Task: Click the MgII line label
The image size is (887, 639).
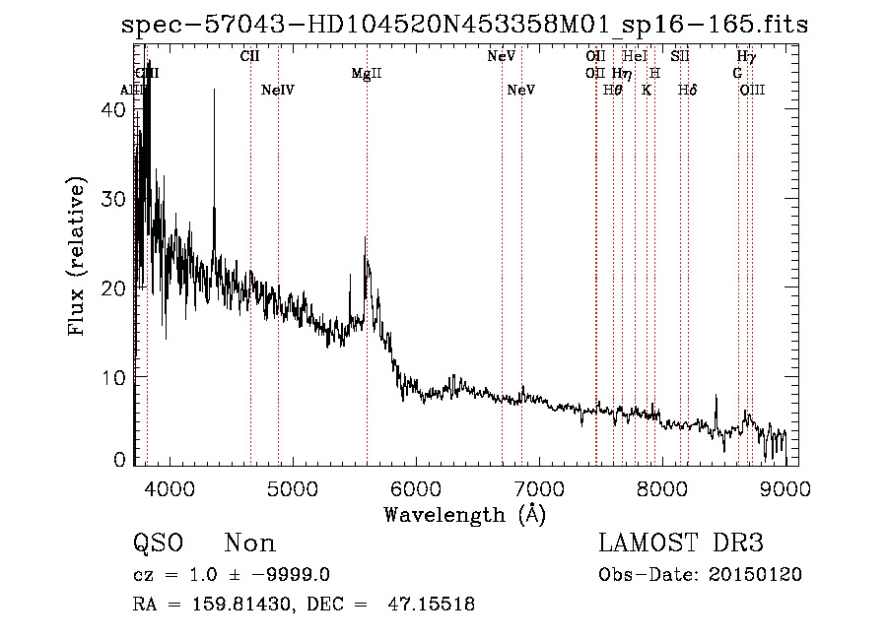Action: click(367, 74)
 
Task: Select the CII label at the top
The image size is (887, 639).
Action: click(250, 56)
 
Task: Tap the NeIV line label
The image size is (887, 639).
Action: click(279, 90)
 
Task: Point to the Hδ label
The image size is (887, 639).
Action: click(688, 90)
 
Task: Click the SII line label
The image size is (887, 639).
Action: click(680, 56)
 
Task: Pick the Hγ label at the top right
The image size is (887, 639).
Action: click(746, 56)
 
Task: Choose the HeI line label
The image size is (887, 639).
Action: click(636, 56)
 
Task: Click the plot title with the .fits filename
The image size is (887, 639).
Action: click(464, 24)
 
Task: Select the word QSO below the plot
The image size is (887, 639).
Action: click(158, 543)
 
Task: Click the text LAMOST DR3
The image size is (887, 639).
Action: click(681, 543)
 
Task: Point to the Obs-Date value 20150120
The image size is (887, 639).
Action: click(755, 575)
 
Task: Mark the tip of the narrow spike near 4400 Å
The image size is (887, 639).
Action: click(214, 90)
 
